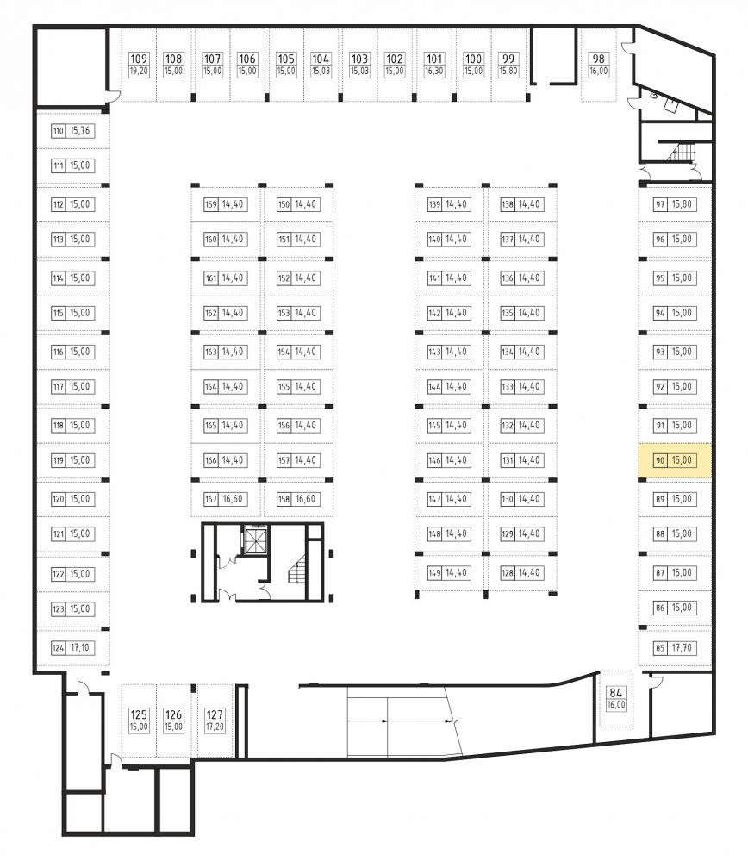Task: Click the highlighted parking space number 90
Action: (x=660, y=460)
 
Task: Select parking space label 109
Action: (x=139, y=59)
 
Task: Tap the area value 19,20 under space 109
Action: (x=139, y=71)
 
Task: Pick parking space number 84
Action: (x=615, y=693)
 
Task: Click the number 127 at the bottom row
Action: (x=215, y=714)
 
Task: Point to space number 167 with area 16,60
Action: (x=211, y=499)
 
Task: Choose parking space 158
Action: (x=284, y=499)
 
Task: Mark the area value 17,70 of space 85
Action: (x=682, y=648)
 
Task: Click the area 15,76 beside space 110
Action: (x=79, y=131)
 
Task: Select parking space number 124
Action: (x=59, y=648)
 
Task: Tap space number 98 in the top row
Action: (x=599, y=59)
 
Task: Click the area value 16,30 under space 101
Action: (x=433, y=71)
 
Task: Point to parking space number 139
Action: (x=434, y=204)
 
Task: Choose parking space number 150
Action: (x=284, y=204)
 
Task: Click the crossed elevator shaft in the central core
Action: (x=255, y=541)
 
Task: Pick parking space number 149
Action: (x=434, y=573)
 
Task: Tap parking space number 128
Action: (x=508, y=573)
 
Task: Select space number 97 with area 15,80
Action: (x=660, y=204)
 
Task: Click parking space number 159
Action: (x=211, y=204)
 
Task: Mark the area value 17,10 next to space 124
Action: (x=79, y=648)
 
